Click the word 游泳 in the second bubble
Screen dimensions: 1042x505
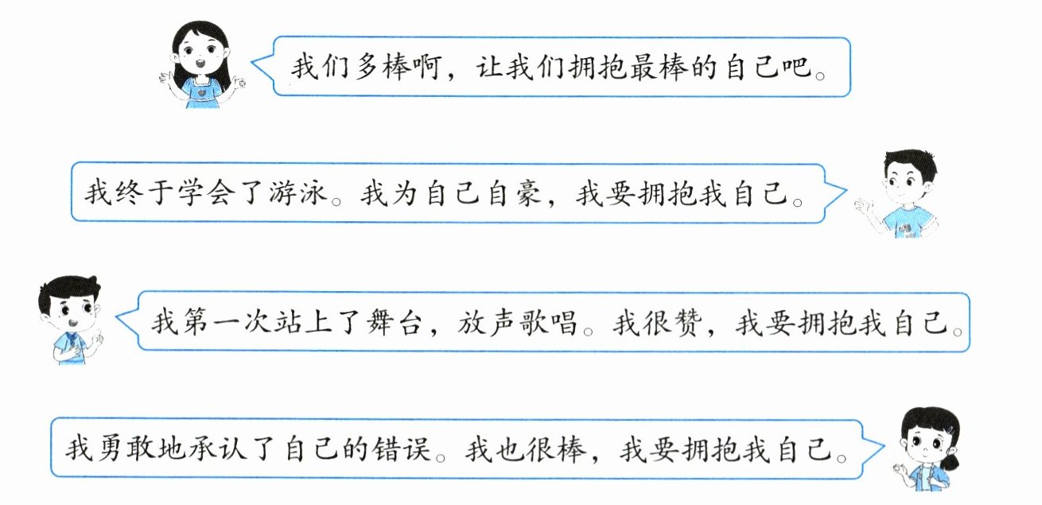point(300,194)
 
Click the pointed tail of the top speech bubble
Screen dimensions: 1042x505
point(256,62)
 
